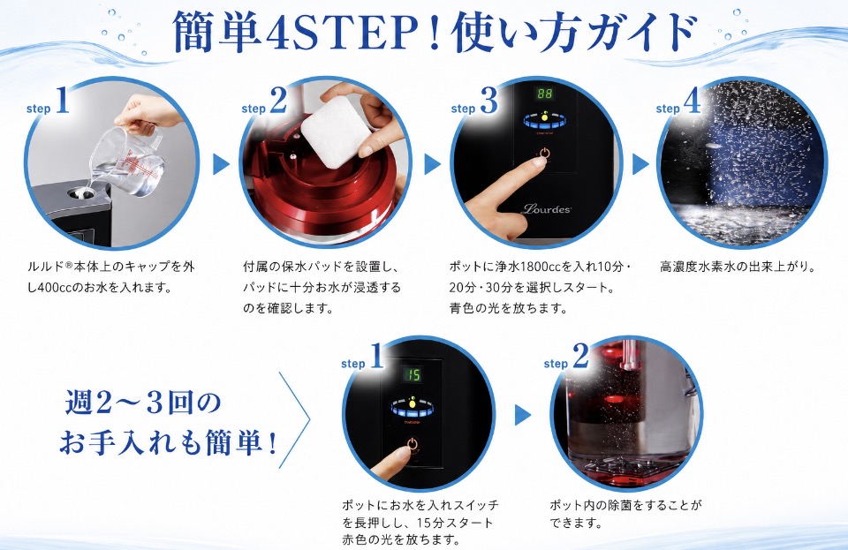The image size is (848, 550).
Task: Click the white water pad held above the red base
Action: (330, 131)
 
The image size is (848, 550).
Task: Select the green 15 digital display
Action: (413, 375)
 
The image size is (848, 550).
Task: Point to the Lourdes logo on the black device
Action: (546, 208)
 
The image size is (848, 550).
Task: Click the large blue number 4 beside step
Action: (691, 101)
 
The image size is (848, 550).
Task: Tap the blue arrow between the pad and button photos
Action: (432, 164)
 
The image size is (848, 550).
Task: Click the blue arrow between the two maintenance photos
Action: (522, 415)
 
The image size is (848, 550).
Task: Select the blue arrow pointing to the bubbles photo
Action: (640, 164)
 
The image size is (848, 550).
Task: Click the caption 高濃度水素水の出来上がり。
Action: (737, 267)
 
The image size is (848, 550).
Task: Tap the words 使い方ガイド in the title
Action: (574, 34)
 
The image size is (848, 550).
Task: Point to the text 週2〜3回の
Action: (144, 403)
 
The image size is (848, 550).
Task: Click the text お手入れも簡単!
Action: (168, 443)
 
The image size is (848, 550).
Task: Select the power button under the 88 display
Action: (544, 154)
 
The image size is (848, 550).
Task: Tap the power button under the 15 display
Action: (413, 445)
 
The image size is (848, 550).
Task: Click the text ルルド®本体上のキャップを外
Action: (111, 267)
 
